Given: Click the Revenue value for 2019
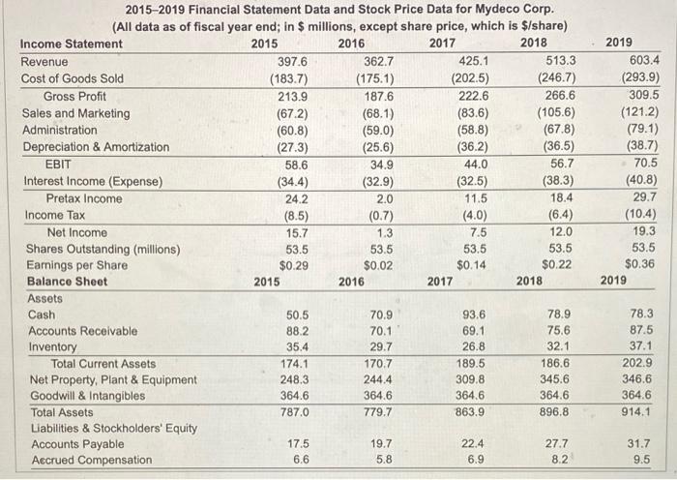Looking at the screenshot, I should point(639,61).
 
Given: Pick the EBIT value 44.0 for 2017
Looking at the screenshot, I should point(468,164).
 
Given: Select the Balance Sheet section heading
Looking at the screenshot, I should point(64,282).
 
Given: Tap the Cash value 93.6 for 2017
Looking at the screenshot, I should point(467,315).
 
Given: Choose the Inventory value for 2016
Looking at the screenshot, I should point(379,347).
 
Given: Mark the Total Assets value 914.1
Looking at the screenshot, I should point(639,412).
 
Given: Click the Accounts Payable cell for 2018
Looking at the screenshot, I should point(556,444).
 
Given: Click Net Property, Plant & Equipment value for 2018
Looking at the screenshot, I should point(555,379).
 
